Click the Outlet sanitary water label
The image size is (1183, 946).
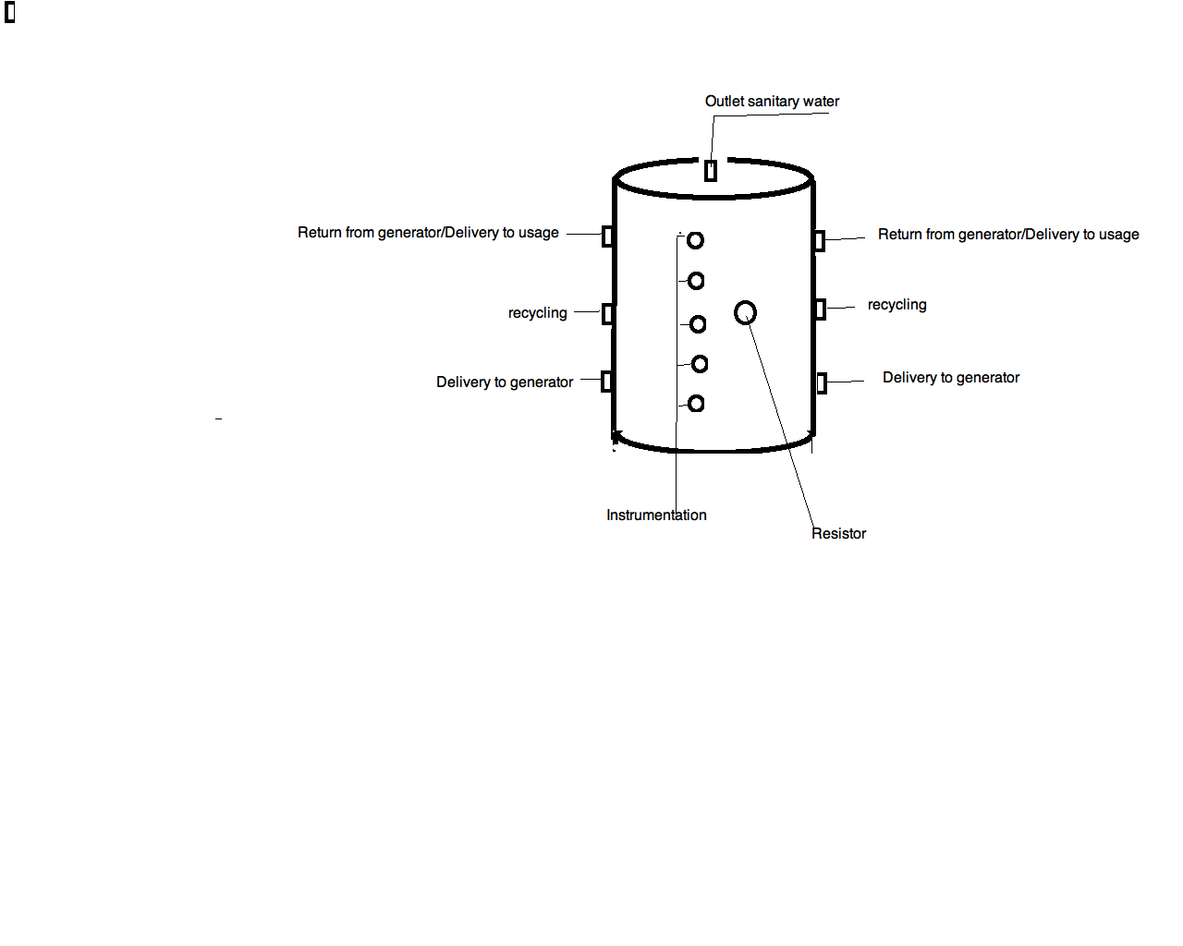point(772,102)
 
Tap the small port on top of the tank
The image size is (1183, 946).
point(711,171)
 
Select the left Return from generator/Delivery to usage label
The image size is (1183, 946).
point(428,233)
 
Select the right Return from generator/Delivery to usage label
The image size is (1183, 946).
point(1008,235)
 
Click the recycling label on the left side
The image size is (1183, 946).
point(537,313)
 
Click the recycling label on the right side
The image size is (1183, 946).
point(896,305)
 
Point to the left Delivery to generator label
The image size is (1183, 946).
point(505,382)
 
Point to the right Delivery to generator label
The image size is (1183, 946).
point(951,378)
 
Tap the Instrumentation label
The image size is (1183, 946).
point(656,515)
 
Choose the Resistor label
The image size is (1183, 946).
point(838,534)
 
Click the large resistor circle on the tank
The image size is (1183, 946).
point(745,313)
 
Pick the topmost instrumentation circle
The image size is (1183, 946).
point(695,240)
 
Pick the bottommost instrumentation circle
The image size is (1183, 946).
point(696,404)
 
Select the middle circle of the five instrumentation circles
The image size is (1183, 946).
point(698,324)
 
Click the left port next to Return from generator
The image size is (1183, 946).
point(607,236)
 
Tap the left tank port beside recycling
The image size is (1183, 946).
point(607,314)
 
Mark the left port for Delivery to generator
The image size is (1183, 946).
point(606,381)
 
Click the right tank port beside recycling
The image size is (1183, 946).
point(820,309)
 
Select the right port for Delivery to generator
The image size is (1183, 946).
point(822,382)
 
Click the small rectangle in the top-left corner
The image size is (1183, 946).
point(10,13)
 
